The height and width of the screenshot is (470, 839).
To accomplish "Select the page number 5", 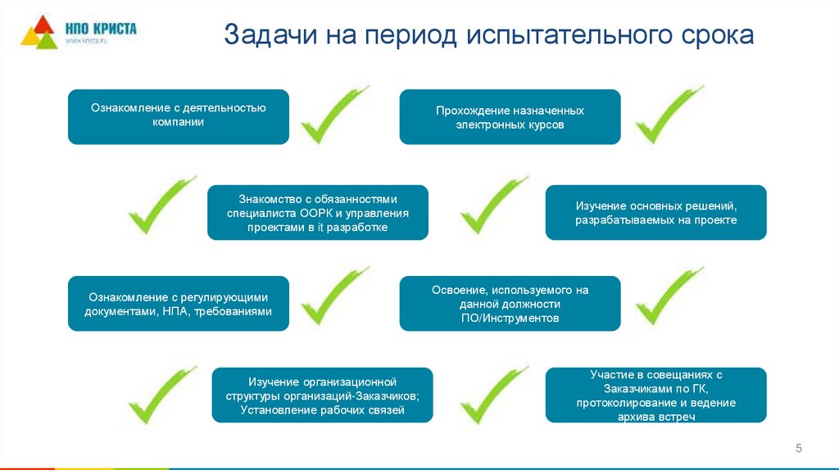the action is pos(798,447).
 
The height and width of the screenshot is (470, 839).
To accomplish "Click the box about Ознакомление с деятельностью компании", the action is pos(178,116).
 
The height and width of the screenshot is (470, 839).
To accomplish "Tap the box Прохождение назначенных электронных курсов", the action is pos(510,117).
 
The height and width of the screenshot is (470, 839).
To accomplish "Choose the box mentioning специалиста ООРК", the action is pos(317,212).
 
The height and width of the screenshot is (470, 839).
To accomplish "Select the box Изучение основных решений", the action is pos(655,212).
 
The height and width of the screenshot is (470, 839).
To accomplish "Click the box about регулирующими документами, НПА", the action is pos(178,304).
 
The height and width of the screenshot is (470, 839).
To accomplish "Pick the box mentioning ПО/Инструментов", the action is pos(510,304).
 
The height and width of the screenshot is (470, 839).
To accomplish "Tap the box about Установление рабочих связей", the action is pos(322,395).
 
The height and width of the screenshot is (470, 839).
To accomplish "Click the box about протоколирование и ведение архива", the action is pos(655,395).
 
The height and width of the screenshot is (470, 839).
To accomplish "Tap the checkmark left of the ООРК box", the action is pos(161,208).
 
